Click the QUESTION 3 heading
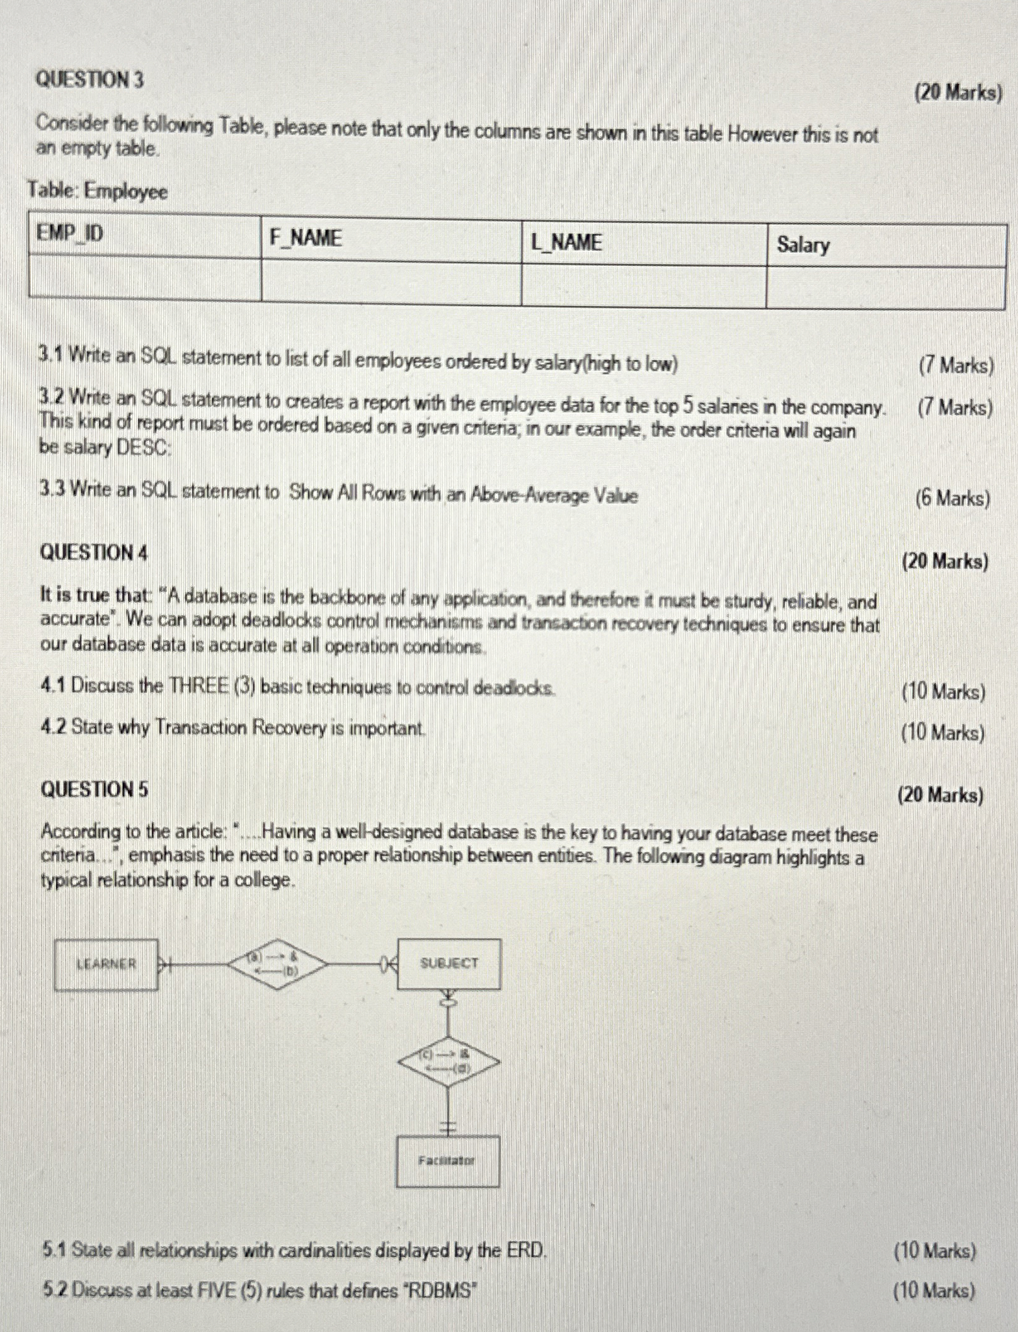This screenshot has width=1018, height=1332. coord(89,80)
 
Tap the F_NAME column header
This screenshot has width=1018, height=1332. coord(306,238)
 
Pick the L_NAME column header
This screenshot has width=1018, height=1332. coord(566,242)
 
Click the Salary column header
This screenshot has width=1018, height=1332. coord(803,244)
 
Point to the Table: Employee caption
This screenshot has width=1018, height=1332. coord(98,190)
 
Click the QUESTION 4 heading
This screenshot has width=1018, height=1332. coord(94,552)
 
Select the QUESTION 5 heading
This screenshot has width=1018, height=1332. coord(94,789)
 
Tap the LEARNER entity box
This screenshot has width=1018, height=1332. coord(106,964)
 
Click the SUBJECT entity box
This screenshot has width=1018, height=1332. coord(449,964)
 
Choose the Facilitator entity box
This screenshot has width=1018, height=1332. coord(447,1161)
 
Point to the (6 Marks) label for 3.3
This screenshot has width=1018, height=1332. coord(952,498)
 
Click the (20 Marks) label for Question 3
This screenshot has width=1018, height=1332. coord(958,93)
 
